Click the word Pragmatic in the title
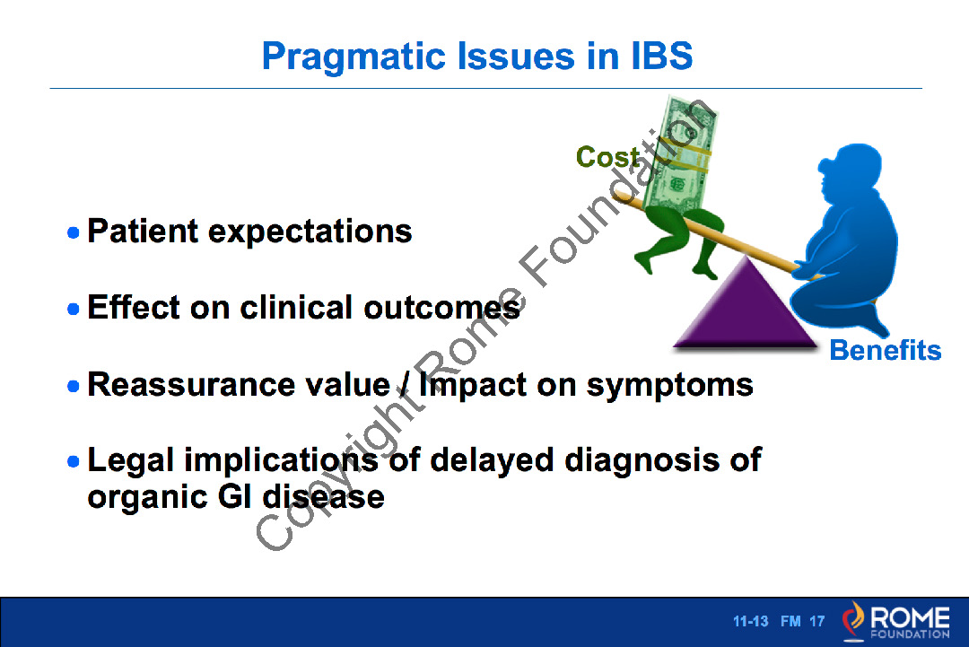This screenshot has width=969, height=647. tap(354, 57)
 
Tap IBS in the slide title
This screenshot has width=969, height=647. tap(662, 56)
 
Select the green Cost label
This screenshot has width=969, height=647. tap(607, 157)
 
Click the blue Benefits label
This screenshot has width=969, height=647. tap(885, 350)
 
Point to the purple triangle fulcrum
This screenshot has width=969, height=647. tap(746, 309)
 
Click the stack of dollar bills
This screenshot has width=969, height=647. tap(680, 154)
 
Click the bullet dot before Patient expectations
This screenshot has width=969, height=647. tap(73, 233)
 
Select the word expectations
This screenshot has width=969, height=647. tap(310, 232)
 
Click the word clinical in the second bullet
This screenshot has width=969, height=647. tap(296, 307)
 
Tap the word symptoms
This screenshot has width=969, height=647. tap(670, 386)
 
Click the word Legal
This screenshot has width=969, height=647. tap(131, 461)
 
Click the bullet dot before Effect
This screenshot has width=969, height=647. tap(73, 309)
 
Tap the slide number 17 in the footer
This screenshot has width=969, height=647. tap(817, 621)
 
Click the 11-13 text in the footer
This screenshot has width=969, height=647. tap(750, 621)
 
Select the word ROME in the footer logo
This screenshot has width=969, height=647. tap(910, 616)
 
